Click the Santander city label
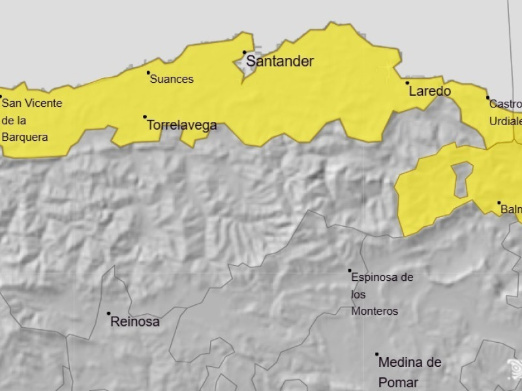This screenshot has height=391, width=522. click(x=280, y=62)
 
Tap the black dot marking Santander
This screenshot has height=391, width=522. click(x=245, y=52)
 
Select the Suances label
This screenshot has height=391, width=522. click(x=172, y=80)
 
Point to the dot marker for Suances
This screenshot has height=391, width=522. click(x=148, y=72)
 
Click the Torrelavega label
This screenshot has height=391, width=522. click(x=182, y=125)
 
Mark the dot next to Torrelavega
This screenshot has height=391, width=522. click(x=145, y=117)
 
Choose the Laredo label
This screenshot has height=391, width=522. click(x=429, y=91)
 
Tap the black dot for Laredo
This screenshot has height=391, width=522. click(x=407, y=83)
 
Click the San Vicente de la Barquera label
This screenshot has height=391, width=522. click(x=31, y=120)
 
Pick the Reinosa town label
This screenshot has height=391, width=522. click(x=135, y=321)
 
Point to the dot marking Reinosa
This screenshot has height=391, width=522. click(x=109, y=313)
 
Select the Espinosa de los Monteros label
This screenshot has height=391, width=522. click(x=382, y=295)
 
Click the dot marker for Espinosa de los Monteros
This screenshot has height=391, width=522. click(x=350, y=270)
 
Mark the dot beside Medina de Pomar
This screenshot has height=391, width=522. click(x=376, y=355)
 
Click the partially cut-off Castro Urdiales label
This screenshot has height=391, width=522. click(x=506, y=112)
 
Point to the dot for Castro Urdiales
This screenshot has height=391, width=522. click(x=487, y=98)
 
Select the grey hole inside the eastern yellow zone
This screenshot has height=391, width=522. click(x=462, y=179)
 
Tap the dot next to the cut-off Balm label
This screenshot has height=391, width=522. click(x=499, y=203)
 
